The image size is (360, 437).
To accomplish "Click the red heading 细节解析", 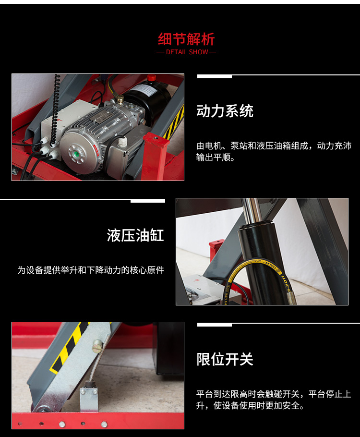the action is [186, 39].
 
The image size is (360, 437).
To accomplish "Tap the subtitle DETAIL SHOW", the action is [187, 52].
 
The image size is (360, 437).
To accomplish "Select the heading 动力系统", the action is [225, 111].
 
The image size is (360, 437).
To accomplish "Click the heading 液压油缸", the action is [135, 235].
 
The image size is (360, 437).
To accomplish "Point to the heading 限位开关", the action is [225, 359].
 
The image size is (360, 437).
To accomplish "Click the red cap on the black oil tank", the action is [151, 77].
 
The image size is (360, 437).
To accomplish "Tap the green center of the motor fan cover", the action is [75, 154].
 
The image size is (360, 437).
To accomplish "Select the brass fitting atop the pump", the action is [120, 98].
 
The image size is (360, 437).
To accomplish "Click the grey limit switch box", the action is [89, 400].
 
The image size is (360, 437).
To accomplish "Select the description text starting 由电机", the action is [274, 151].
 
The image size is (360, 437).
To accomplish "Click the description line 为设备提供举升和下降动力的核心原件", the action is [91, 270].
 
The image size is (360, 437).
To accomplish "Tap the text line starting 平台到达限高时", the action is [274, 394].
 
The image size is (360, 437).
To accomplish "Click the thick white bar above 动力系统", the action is [214, 76].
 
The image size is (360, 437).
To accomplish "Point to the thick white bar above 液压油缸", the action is [148, 201].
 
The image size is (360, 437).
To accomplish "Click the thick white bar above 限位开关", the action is [214, 325].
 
